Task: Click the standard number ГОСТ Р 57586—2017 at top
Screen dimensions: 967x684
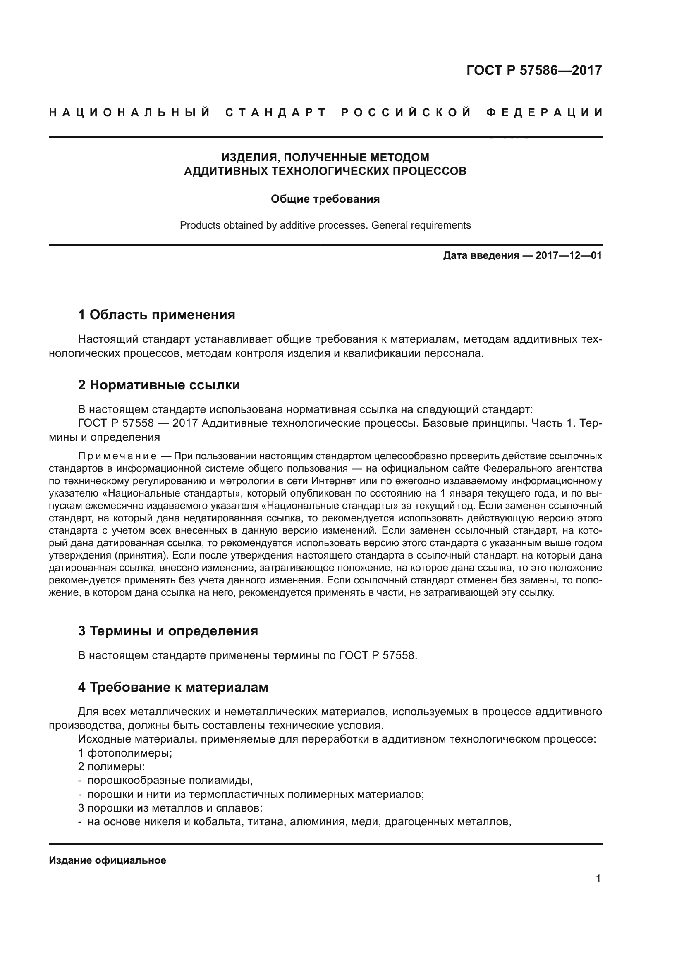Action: (533, 70)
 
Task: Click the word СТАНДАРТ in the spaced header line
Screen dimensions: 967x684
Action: (276, 112)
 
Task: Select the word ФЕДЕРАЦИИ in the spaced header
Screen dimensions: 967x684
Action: (544, 112)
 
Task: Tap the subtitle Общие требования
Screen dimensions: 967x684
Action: (325, 199)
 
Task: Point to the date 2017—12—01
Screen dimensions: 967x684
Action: (568, 255)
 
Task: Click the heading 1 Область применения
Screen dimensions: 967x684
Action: (156, 315)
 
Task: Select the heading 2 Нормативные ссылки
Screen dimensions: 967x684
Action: (159, 385)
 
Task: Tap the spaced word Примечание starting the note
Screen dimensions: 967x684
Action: (117, 456)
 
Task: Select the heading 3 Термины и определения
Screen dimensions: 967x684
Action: (167, 631)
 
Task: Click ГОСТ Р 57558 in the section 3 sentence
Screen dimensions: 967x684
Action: (377, 655)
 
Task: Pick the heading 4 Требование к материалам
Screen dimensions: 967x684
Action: (173, 688)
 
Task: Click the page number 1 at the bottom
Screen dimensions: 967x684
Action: (598, 878)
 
